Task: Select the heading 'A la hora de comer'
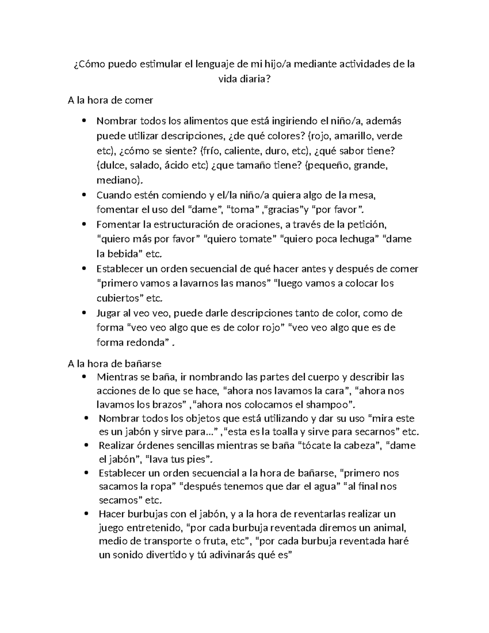pos(110,100)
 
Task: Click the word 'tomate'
pos(253,239)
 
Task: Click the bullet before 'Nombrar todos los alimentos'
pos(84,121)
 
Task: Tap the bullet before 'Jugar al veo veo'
pos(84,313)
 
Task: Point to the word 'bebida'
pos(121,254)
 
